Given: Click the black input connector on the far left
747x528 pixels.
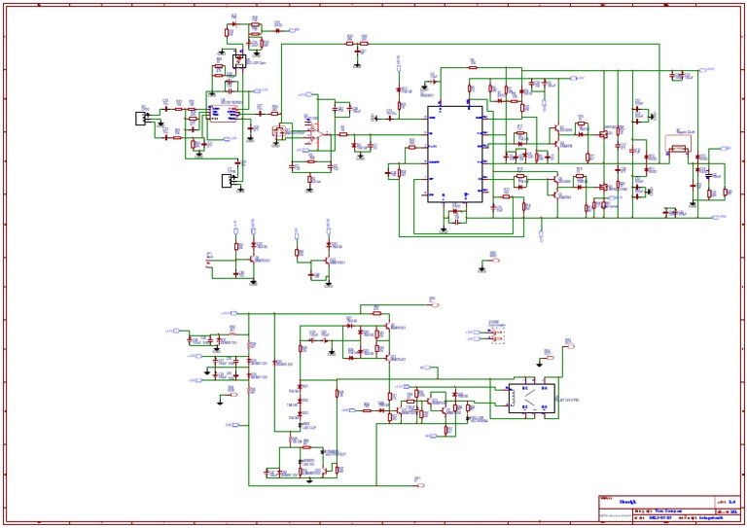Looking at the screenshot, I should point(141,118).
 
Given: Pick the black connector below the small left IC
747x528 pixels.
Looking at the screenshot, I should point(229,181).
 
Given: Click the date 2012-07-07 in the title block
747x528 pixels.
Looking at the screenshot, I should point(658,517).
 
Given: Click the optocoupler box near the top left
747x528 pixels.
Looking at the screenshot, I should point(238,60).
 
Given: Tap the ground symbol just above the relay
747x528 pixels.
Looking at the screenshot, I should point(546,353).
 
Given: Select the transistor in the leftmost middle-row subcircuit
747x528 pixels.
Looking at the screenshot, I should point(251,261).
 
